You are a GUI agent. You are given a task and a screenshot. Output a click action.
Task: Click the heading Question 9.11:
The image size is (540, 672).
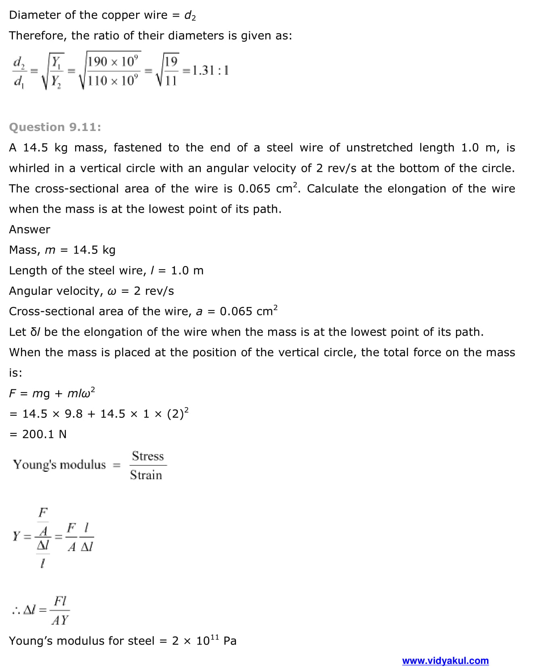tap(55, 127)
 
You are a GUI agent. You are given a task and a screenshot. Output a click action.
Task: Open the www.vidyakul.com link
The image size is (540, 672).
tap(445, 661)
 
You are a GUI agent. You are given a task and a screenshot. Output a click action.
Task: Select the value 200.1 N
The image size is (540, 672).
tap(44, 434)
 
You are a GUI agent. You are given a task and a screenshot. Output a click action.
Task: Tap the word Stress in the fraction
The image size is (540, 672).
tap(148, 456)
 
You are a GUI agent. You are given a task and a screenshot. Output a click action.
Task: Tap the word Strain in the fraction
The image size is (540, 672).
tap(146, 475)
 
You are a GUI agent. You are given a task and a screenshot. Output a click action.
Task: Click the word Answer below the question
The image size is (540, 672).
tap(29, 229)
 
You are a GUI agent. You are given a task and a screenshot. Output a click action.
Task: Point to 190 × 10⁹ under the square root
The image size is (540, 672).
tap(113, 61)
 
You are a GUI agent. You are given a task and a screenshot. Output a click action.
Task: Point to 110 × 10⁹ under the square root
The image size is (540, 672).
tap(113, 81)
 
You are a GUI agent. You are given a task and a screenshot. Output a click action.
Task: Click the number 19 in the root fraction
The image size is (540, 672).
tap(171, 61)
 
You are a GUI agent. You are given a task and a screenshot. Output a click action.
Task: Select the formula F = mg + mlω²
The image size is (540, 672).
tap(52, 393)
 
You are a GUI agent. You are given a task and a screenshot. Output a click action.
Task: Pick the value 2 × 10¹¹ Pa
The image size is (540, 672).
tap(204, 641)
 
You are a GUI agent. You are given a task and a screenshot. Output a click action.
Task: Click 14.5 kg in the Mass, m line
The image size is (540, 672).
tap(94, 250)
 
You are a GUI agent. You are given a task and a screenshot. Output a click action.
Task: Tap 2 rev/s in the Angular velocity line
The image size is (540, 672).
tap(154, 291)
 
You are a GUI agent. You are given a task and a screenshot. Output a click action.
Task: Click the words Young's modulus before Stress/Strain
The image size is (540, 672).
tap(59, 465)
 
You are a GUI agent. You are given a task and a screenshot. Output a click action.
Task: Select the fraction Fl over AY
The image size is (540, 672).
tap(60, 610)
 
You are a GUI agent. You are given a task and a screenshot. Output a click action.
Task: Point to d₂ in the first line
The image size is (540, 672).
tap(190, 15)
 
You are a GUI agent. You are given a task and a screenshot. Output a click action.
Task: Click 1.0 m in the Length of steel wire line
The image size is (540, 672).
tap(187, 270)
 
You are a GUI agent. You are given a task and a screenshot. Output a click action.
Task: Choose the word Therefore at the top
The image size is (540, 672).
tap(36, 36)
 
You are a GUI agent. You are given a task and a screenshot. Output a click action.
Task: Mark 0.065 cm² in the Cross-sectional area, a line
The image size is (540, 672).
tap(248, 311)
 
